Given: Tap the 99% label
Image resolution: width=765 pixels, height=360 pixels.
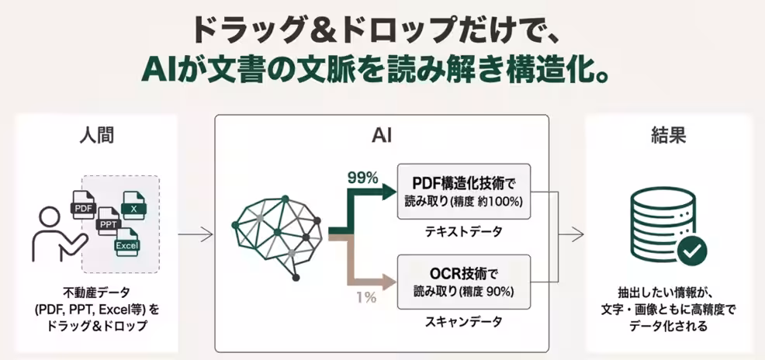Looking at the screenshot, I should [362, 178].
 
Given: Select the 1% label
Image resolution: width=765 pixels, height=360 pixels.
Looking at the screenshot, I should [365, 296].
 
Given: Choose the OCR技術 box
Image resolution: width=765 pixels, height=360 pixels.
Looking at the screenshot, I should [463, 282].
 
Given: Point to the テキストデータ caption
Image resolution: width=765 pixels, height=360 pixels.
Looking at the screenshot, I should [463, 231].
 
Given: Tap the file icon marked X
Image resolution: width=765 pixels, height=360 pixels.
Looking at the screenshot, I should [134, 207].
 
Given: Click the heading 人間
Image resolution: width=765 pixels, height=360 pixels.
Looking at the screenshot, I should [95, 136].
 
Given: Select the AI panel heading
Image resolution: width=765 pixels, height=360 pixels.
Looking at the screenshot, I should [381, 136].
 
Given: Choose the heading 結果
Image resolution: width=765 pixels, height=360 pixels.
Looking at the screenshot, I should [668, 136].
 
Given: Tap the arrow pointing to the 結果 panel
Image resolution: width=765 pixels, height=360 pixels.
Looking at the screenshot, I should [573, 233].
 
